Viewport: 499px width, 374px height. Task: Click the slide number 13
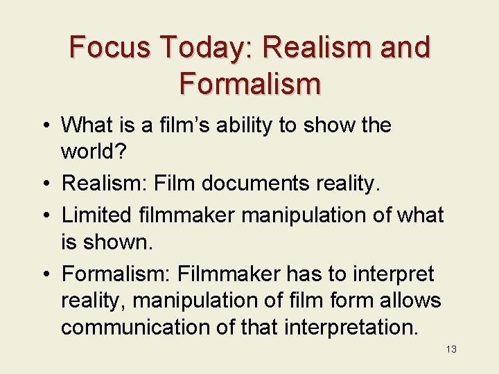tap(451, 349)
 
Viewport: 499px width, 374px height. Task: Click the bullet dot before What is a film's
tap(46, 126)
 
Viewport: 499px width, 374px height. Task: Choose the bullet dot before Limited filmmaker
tap(46, 215)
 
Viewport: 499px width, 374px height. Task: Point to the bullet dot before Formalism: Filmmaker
tap(46, 274)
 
